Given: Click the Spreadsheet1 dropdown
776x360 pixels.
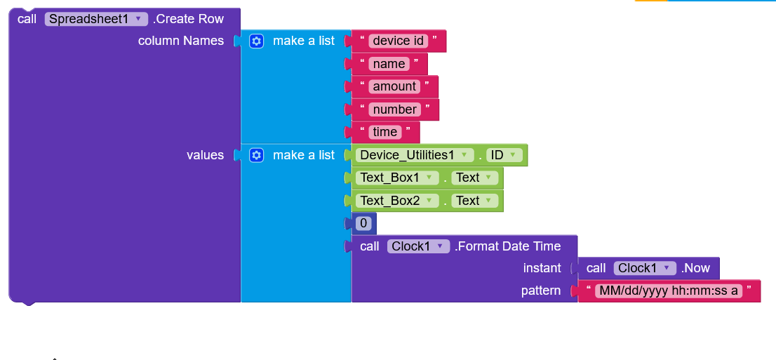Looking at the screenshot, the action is click(x=96, y=19).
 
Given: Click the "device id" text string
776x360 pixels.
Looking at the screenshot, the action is click(x=398, y=41).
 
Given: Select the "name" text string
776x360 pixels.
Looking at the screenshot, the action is click(x=389, y=64).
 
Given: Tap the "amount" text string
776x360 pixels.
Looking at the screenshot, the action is click(x=394, y=86).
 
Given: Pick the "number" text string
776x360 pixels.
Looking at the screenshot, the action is click(x=394, y=109).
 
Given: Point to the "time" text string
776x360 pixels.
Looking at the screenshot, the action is click(x=385, y=132).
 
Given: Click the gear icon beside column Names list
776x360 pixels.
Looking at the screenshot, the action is click(x=256, y=41).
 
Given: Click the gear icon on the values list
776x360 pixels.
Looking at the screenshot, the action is click(x=256, y=156).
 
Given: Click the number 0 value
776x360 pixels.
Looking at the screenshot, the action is click(x=363, y=223).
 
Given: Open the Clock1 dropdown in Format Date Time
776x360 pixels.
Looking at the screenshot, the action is click(x=419, y=246).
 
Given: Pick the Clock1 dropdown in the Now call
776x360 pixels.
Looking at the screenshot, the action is click(x=645, y=268).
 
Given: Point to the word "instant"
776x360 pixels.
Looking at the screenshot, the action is click(x=542, y=268).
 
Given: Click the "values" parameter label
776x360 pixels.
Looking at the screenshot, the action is click(x=205, y=155).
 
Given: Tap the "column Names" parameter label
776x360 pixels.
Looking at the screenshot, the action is click(x=180, y=41).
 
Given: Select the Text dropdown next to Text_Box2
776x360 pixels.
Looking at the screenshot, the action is click(x=474, y=201).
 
